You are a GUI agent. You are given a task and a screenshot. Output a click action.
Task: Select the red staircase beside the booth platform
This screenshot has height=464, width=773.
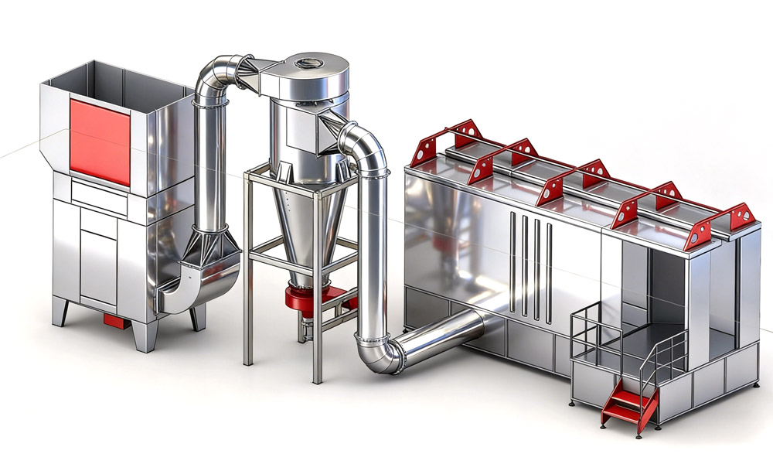click(x=628, y=407)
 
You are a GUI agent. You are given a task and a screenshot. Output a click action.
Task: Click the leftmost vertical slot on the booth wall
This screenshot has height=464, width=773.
click(x=512, y=263)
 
